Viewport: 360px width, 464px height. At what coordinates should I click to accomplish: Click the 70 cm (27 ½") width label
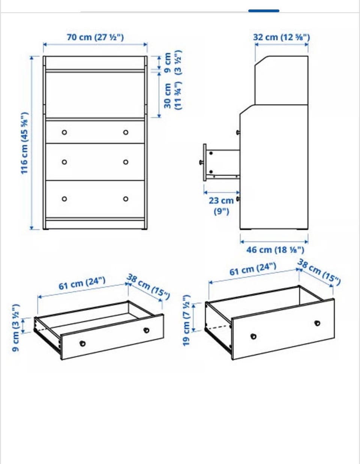click(x=95, y=37)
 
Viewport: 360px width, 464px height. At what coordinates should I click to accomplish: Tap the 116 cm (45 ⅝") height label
click(x=25, y=143)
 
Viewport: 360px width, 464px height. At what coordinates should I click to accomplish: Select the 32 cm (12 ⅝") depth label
click(x=281, y=37)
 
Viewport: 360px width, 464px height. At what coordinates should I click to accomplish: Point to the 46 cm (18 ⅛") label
click(x=275, y=250)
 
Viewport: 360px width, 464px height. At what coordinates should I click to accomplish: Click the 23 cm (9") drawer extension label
click(x=221, y=206)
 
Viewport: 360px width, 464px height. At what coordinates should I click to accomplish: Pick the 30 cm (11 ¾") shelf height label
click(x=172, y=96)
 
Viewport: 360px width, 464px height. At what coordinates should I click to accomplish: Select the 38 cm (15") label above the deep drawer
click(x=319, y=272)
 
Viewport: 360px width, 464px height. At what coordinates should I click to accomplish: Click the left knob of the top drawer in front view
click(x=64, y=132)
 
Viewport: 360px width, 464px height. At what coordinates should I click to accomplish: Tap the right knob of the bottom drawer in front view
click(x=126, y=199)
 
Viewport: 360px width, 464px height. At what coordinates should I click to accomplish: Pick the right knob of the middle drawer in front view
click(x=126, y=162)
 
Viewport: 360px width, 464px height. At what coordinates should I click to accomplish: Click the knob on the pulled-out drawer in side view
click(x=201, y=163)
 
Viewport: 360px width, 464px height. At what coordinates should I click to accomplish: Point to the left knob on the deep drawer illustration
click(x=253, y=337)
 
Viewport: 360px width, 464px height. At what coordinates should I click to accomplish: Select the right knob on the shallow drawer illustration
click(x=146, y=330)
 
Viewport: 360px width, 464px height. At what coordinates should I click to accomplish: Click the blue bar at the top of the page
click(x=264, y=10)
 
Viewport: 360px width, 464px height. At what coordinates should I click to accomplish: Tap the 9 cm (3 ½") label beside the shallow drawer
click(x=16, y=328)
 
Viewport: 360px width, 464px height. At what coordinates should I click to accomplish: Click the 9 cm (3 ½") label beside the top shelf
click(x=172, y=62)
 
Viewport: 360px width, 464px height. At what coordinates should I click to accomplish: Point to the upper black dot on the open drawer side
click(x=211, y=153)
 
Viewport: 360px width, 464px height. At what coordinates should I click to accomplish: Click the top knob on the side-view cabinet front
click(x=238, y=132)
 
